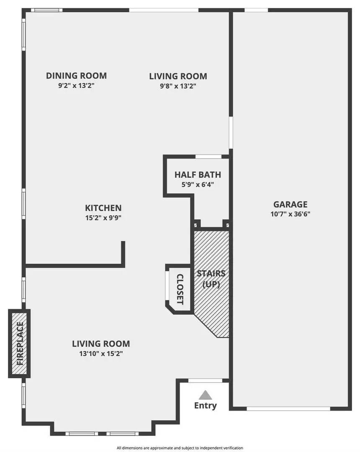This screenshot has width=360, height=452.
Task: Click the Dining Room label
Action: [x=76, y=76]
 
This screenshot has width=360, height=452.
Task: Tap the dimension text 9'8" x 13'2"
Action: [x=178, y=86]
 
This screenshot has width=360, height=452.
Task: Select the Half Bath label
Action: [x=198, y=175]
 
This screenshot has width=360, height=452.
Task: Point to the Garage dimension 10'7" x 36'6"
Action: [x=290, y=214]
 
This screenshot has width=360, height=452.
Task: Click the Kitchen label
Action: [x=103, y=208]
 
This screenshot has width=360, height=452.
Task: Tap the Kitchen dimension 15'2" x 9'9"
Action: [x=103, y=218]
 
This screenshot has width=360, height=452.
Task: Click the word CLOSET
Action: [x=180, y=289]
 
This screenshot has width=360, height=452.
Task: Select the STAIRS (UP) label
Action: [x=211, y=279]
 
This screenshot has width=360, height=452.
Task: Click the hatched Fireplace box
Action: [x=19, y=344]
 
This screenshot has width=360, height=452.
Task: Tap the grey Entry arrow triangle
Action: [x=205, y=395]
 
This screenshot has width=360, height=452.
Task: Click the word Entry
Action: [x=205, y=406]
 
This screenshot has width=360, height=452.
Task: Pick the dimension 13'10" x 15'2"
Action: [x=101, y=354]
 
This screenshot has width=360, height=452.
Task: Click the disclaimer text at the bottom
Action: [x=180, y=448]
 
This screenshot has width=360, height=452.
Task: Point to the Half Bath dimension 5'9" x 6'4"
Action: [x=198, y=184]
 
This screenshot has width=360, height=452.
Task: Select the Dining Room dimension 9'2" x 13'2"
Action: [x=76, y=86]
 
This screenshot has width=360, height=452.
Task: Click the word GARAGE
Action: [x=290, y=204]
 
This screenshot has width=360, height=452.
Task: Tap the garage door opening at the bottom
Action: [x=290, y=408]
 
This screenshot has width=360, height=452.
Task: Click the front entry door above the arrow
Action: [x=205, y=381]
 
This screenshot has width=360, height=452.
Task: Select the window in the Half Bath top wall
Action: [x=208, y=157]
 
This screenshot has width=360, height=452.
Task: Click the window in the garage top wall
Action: [x=256, y=10]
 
